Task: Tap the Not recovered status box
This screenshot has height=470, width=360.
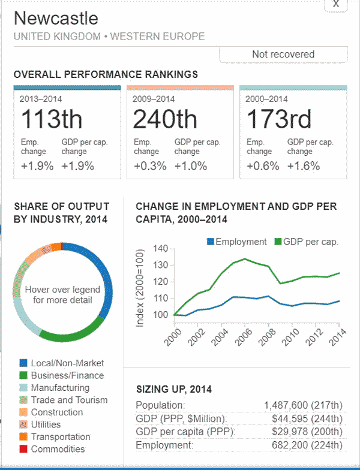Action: coord(283,54)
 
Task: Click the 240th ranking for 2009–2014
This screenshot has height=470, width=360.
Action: coord(164,119)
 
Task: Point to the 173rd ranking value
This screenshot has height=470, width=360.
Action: coord(278,119)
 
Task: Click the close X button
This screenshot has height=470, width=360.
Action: coord(336,4)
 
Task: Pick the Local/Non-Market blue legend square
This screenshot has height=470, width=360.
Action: coord(23,363)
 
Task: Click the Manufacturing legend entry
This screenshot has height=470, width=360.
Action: coord(60,388)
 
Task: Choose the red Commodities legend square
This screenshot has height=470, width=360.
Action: coord(23,449)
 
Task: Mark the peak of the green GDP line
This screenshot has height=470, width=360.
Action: coord(244,259)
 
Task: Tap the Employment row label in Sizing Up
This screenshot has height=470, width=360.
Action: coord(164,445)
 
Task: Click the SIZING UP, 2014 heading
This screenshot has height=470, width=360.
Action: coord(173,389)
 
